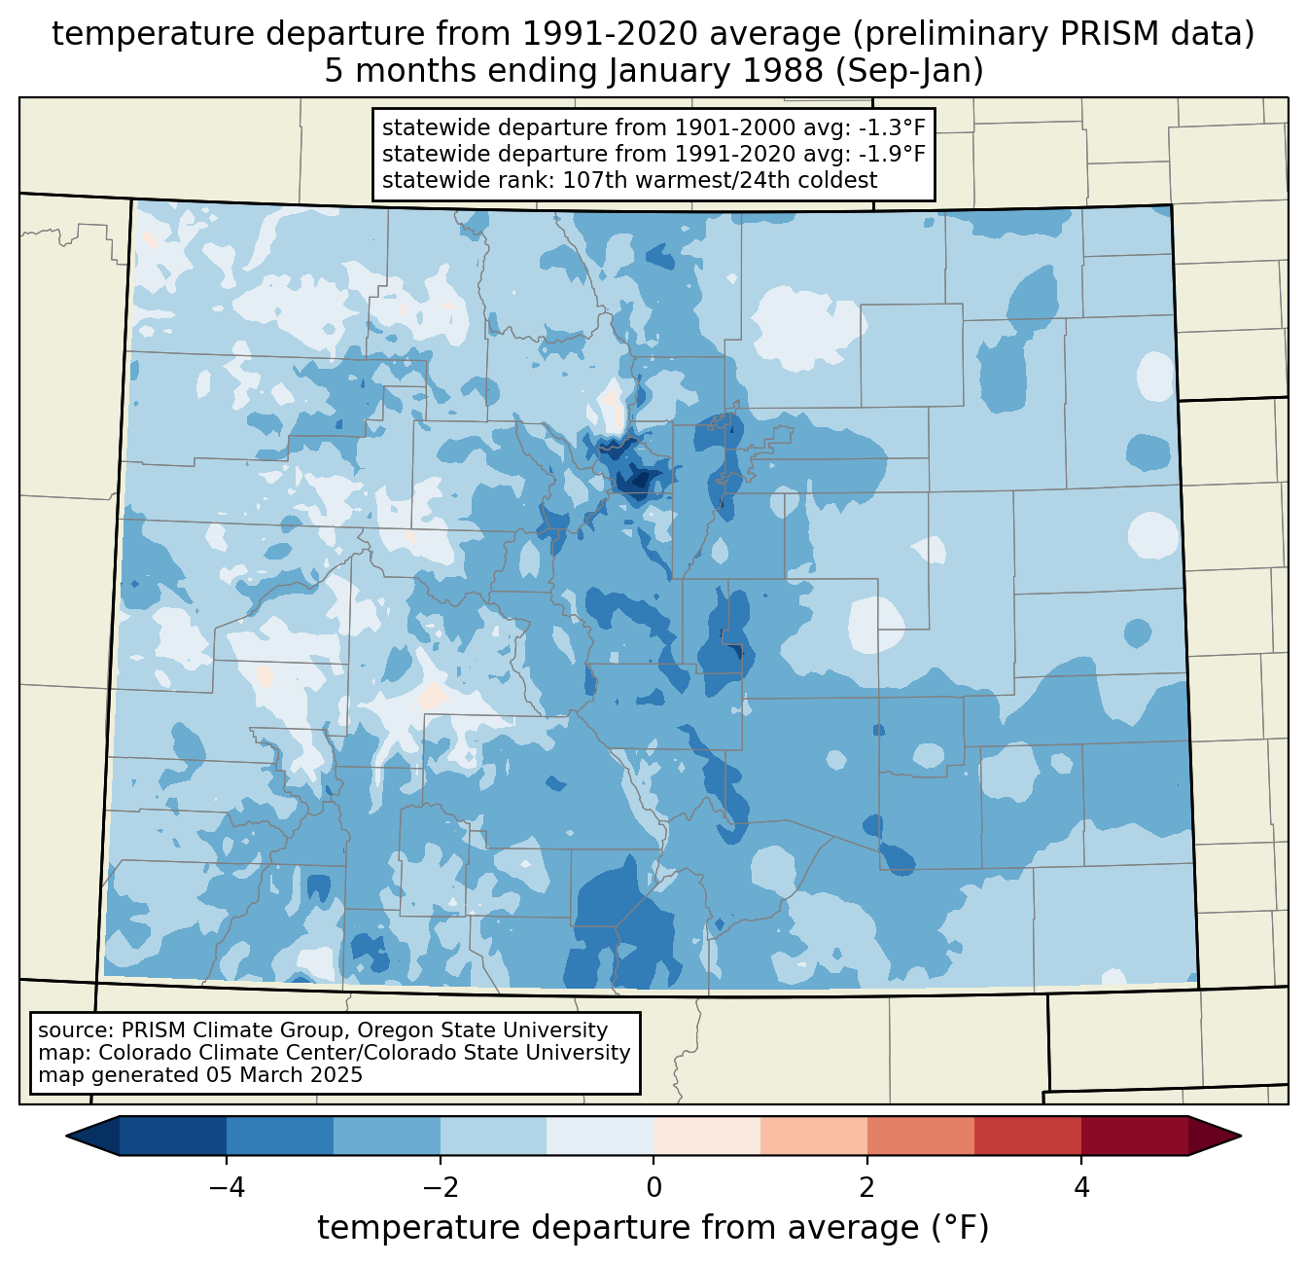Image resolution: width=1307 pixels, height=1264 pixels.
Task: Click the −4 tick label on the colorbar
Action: pos(227,1187)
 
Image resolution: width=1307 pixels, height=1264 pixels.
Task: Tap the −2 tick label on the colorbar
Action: pos(441,1187)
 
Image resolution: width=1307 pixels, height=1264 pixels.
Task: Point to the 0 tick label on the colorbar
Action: pos(653,1187)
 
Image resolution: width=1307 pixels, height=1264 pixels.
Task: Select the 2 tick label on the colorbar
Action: pos(867,1187)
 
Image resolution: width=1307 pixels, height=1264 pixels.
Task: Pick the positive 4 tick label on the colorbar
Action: pos(1081,1187)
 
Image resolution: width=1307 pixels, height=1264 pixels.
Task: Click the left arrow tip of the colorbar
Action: pos(66,1137)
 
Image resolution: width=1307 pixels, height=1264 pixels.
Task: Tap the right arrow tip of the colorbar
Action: pos(1241,1137)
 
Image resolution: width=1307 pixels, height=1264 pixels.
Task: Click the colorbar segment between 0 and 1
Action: pos(707,1137)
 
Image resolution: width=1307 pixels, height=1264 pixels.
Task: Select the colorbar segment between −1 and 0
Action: pos(600,1137)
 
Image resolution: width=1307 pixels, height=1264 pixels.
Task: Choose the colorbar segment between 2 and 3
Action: pos(920,1137)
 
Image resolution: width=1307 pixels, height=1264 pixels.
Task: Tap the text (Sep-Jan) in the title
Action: pos(909,71)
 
